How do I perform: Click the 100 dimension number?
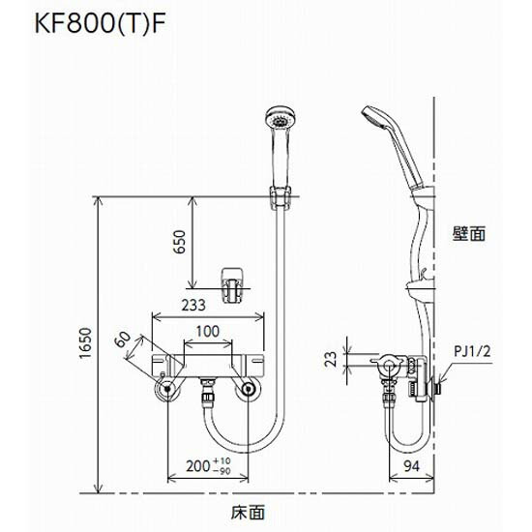[x=207, y=332]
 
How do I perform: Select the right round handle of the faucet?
[x=250, y=389]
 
